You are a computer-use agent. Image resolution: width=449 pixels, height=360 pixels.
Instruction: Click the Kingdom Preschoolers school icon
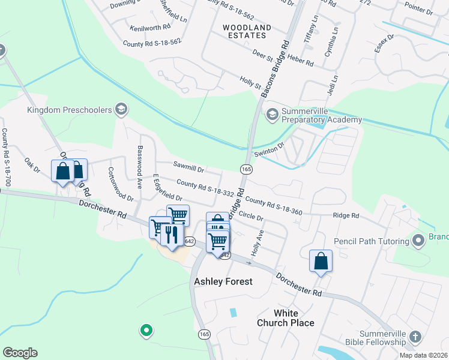click(121, 110)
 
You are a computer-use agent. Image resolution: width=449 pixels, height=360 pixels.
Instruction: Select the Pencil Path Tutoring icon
click(418, 241)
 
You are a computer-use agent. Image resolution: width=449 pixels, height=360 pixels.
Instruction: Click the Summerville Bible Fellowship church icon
click(414, 337)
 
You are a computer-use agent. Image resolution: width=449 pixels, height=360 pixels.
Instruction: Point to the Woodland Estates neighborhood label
click(247, 32)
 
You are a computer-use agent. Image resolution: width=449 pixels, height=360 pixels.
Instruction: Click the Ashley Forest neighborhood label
click(223, 281)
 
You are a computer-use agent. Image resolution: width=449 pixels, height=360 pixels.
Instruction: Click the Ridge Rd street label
click(346, 215)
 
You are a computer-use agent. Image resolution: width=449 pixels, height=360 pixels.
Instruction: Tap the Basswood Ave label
click(140, 167)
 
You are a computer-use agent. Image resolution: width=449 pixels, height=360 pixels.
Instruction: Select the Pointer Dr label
click(418, 11)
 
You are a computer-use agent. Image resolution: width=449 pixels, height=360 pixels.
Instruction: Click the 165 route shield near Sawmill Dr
click(246, 169)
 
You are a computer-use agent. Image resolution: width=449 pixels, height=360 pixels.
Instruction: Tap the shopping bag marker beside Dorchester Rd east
click(321, 262)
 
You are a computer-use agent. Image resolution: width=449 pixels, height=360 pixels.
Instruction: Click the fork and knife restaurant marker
click(173, 233)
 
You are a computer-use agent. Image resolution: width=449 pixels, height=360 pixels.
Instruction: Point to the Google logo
click(20, 353)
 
